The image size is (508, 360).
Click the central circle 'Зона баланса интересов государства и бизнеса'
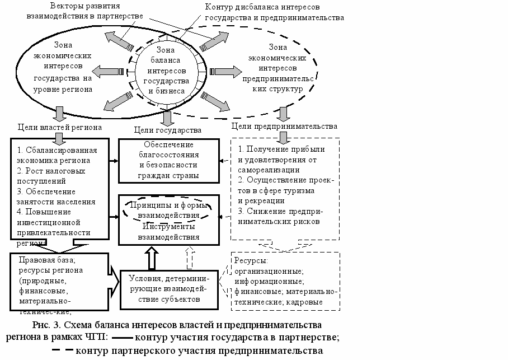tap(165, 71)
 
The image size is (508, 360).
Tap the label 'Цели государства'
tap(168, 130)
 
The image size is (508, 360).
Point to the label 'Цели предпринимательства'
tap(284, 127)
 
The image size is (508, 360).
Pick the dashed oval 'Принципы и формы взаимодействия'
tap(168, 211)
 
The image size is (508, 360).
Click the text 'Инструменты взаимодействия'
tap(168, 232)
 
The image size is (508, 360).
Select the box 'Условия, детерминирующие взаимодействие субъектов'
tap(168, 288)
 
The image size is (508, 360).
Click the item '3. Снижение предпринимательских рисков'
tap(280, 216)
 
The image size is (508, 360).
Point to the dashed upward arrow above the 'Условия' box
tap(189, 258)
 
